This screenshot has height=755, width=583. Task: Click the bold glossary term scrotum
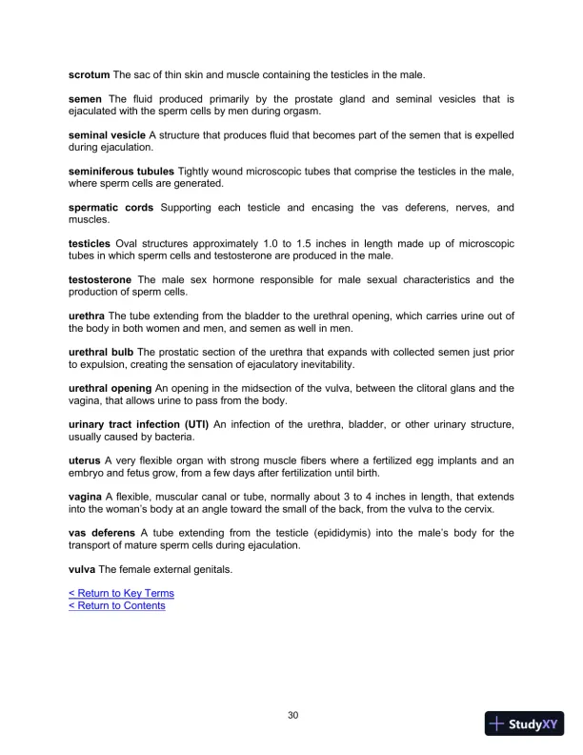[89, 74]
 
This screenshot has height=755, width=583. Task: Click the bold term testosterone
[100, 280]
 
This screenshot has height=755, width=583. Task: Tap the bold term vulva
[82, 570]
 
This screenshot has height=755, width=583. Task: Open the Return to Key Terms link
[121, 594]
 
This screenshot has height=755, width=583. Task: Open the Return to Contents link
[117, 606]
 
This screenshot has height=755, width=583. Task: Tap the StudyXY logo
[525, 724]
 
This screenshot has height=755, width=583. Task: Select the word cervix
[495, 510]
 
